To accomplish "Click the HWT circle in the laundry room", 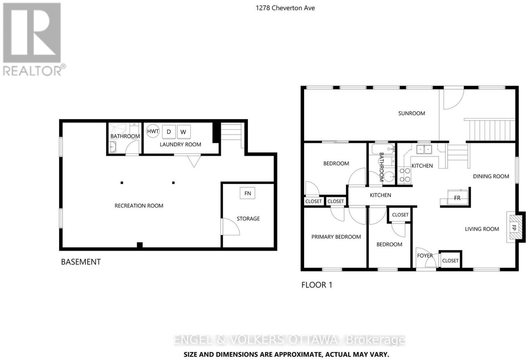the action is tap(153, 131).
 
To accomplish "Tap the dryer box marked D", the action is tap(169, 132).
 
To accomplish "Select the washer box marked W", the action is tap(183, 132).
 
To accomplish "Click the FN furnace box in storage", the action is tap(247, 193).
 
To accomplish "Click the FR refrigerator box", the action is tap(457, 197).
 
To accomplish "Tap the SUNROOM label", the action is tap(411, 113).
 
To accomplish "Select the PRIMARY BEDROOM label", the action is tap(336, 237).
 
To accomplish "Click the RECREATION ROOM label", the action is tap(139, 206).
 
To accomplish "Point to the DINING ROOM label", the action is tap(491, 176).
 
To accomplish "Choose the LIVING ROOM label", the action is tap(482, 229).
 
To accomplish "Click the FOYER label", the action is tap(425, 255).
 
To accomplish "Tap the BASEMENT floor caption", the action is tap(81, 262).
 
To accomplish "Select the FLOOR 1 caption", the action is tap(317, 285).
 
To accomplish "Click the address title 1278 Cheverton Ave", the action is tap(285, 8).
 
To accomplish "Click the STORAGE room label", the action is tap(248, 219).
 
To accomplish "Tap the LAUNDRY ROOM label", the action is tap(180, 145).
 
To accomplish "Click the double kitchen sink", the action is tap(424, 150).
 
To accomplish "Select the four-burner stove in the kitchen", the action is tap(405, 175).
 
